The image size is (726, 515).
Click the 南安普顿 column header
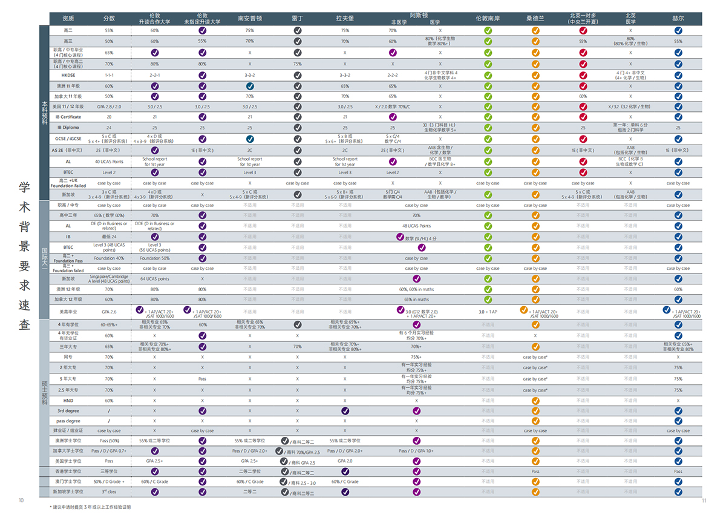250,19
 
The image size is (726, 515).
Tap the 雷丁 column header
297,19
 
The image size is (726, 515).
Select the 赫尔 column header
678,19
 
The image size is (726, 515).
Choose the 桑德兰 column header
535,19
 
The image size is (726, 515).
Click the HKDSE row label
68,75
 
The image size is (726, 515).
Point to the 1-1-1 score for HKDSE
109,75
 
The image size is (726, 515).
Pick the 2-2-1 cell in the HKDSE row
154,75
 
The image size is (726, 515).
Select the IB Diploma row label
68,128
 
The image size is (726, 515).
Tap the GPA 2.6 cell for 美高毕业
109,311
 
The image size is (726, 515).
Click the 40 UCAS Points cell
109,162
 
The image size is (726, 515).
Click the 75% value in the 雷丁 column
297,64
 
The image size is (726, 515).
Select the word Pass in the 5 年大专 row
202,379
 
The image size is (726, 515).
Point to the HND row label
68,400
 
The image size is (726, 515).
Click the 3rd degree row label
68,411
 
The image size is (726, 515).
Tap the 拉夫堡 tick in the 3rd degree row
345,411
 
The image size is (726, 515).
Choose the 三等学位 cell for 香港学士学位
109,471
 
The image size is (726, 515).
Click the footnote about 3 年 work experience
91,507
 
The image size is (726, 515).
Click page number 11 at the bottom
704,500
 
